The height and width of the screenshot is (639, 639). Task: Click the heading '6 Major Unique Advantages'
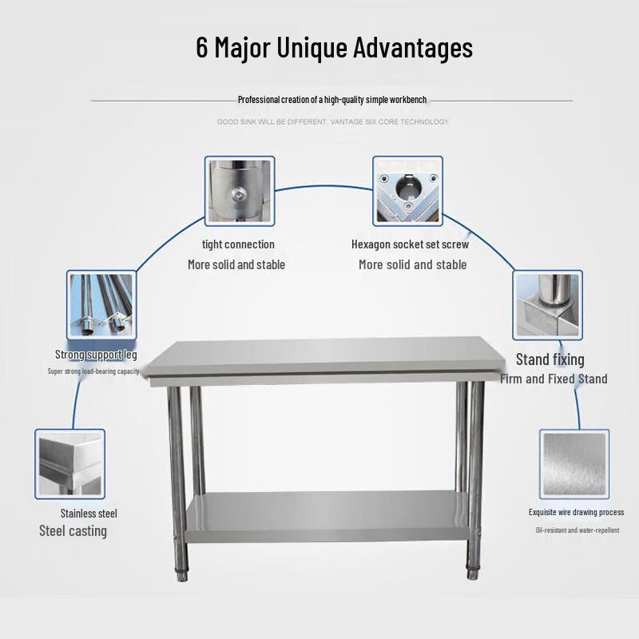[x=334, y=47]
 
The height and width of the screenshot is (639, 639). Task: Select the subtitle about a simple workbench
[x=332, y=100]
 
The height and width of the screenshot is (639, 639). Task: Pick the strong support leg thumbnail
[x=101, y=304]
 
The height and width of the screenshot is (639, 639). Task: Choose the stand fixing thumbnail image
[x=547, y=304]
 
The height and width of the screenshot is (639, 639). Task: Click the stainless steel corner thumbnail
[x=69, y=462]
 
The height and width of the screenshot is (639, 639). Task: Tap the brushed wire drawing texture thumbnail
[x=574, y=463]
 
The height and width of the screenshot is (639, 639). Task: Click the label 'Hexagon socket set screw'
[x=410, y=244]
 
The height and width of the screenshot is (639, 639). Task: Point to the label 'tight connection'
[x=238, y=244]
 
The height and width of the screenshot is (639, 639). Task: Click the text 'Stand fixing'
[x=550, y=359]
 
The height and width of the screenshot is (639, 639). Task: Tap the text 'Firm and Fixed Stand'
[x=554, y=379]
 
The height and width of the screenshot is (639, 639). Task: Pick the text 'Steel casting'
[x=73, y=531]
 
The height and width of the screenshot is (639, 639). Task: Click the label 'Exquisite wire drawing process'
[x=576, y=512]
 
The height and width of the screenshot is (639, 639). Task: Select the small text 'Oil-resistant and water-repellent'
[x=577, y=530]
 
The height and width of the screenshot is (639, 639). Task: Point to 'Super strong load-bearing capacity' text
[x=93, y=371]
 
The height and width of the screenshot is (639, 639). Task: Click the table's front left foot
[x=183, y=572]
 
